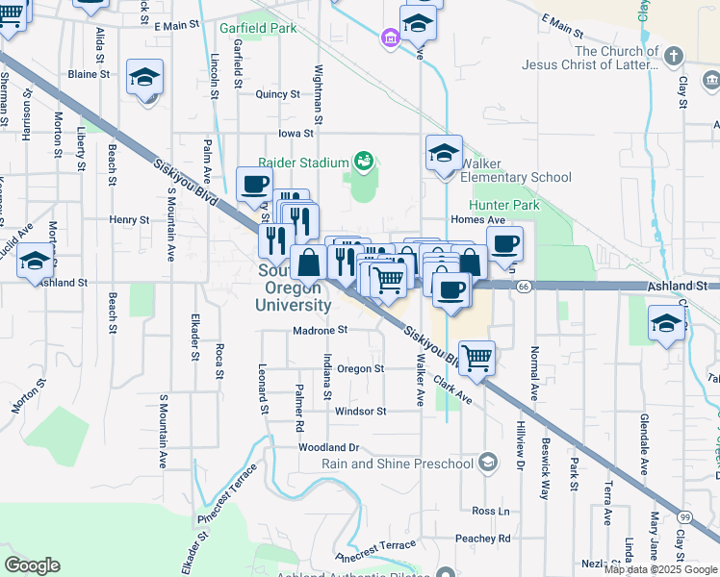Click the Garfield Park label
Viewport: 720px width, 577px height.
[x=258, y=29]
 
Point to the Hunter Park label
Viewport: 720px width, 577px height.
[x=503, y=205]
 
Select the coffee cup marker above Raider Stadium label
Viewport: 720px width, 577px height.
[x=255, y=184]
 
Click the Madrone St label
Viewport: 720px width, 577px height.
[x=321, y=330]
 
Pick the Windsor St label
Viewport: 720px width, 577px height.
[x=360, y=412]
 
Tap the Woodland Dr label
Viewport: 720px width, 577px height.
[x=328, y=447]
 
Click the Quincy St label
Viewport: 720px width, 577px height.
[x=278, y=94]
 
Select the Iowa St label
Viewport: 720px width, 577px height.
[x=296, y=134]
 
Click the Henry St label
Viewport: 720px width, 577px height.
[x=129, y=219]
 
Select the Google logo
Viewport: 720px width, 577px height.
[x=32, y=564]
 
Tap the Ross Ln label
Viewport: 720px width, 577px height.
[x=491, y=511]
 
